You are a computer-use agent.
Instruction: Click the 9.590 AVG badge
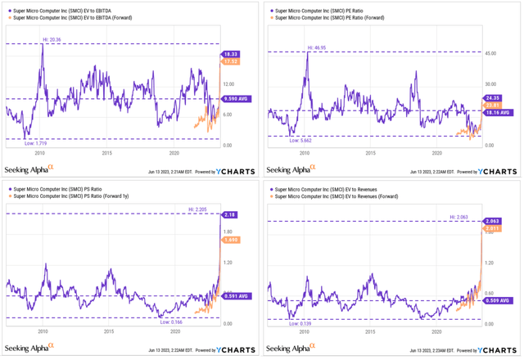pyautogui.click(x=235, y=100)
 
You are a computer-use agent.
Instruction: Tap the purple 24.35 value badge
pyautogui.click(x=492, y=98)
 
